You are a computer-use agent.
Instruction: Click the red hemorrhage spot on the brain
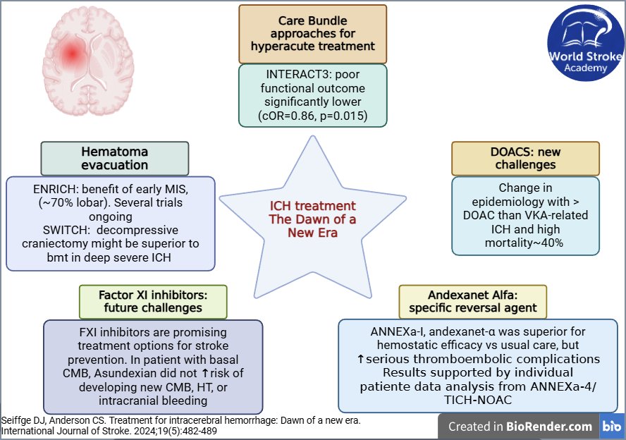[x=73, y=53]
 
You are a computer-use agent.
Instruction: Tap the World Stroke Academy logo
[x=586, y=43]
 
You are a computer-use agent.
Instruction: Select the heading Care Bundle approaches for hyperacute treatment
[x=312, y=34]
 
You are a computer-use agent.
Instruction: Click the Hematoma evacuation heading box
[x=115, y=158]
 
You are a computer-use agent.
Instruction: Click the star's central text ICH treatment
[x=312, y=206]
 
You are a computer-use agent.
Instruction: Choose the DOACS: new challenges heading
[x=525, y=158]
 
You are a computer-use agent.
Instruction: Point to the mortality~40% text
[x=524, y=243]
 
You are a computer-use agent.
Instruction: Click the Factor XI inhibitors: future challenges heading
[x=153, y=302]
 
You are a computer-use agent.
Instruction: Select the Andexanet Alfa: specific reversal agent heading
[x=473, y=302]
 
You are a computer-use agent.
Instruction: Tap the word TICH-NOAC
[x=478, y=400]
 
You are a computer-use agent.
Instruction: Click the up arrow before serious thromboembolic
[x=360, y=359]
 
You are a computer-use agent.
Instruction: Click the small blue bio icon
[x=611, y=427]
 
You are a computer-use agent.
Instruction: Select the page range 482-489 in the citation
[x=200, y=432]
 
